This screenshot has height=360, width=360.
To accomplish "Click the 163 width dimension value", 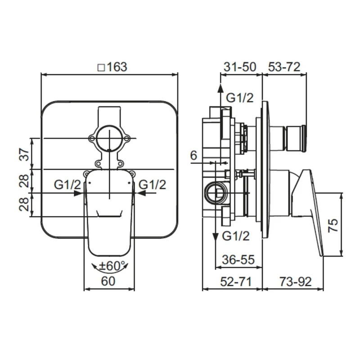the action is click(117, 67).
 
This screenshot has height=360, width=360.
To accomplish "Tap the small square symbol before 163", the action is click(101, 68).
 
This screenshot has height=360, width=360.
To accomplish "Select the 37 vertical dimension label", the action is click(25, 154).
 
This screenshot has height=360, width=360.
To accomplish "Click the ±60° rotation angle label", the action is click(110, 266).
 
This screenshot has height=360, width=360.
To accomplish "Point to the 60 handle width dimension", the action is click(108, 281).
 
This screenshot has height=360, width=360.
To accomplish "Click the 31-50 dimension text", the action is click(240, 67).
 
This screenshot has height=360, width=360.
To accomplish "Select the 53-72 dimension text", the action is click(284, 67).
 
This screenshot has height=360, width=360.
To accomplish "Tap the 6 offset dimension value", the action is click(193, 155).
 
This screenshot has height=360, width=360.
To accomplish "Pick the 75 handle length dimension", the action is click(333, 225).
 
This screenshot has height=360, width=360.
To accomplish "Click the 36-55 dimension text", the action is click(238, 260).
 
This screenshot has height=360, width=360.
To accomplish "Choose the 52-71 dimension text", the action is click(236, 281).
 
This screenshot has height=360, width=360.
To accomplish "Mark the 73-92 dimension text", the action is click(296, 281).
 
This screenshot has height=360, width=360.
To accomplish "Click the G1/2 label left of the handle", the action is click(67, 184).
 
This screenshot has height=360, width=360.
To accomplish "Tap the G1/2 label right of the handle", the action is click(153, 184).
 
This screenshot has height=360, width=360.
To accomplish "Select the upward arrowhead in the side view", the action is click(220, 88).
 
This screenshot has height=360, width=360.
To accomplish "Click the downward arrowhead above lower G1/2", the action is click(216, 237).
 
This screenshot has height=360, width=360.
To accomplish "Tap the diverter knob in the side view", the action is click(295, 139).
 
